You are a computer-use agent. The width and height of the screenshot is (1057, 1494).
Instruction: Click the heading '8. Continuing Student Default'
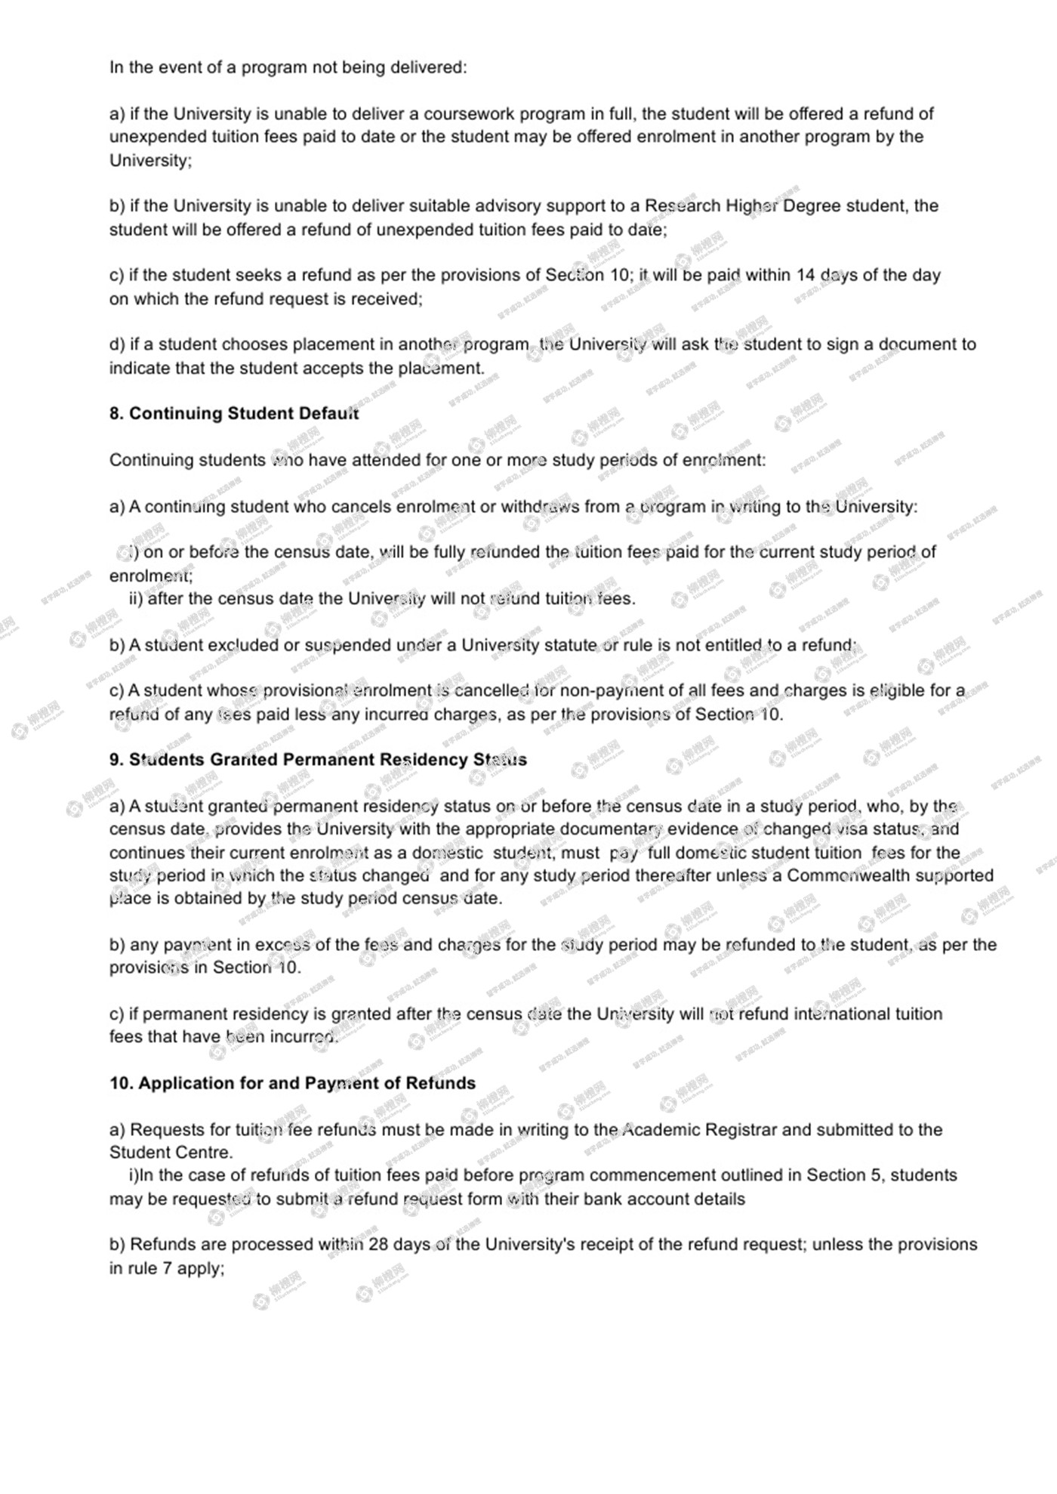(234, 414)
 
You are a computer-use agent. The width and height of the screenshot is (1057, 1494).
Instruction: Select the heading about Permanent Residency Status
(318, 760)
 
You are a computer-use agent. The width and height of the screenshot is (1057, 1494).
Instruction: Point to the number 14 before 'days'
(806, 276)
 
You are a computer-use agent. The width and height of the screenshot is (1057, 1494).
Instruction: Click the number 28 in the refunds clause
(378, 1245)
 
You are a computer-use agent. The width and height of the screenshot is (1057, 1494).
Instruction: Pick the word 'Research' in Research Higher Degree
(683, 206)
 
